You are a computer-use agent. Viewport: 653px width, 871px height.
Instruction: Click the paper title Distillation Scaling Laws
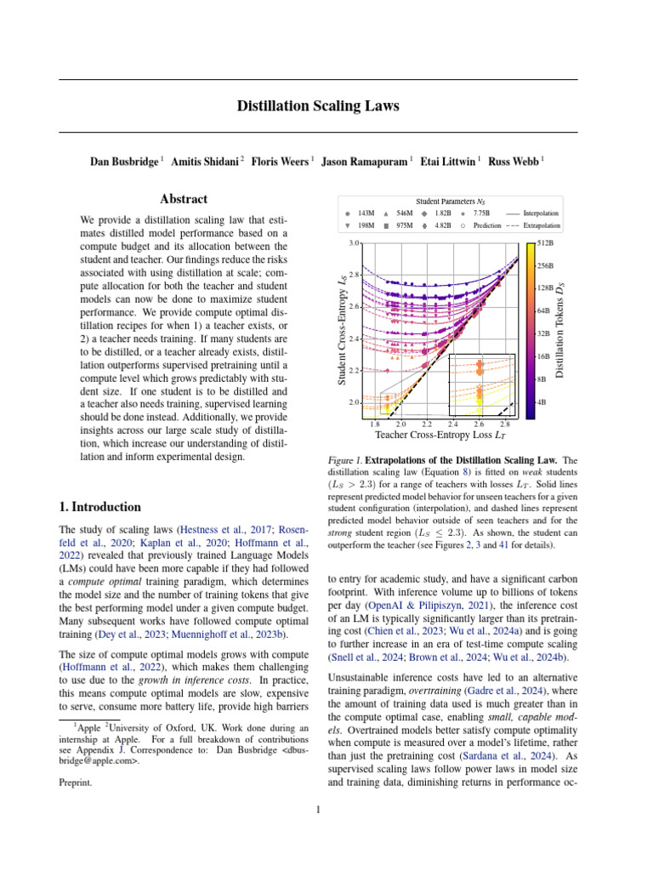(x=317, y=106)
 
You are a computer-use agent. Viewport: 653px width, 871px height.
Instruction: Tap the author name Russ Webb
(x=514, y=161)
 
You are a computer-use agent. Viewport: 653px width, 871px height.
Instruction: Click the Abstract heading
(x=184, y=199)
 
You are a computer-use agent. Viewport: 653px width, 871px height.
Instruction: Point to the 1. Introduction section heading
(x=100, y=507)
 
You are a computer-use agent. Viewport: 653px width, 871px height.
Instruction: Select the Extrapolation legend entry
(x=541, y=226)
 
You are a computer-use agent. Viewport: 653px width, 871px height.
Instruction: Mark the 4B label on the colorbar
(x=542, y=401)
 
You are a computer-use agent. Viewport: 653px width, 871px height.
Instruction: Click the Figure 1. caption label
(x=345, y=460)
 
